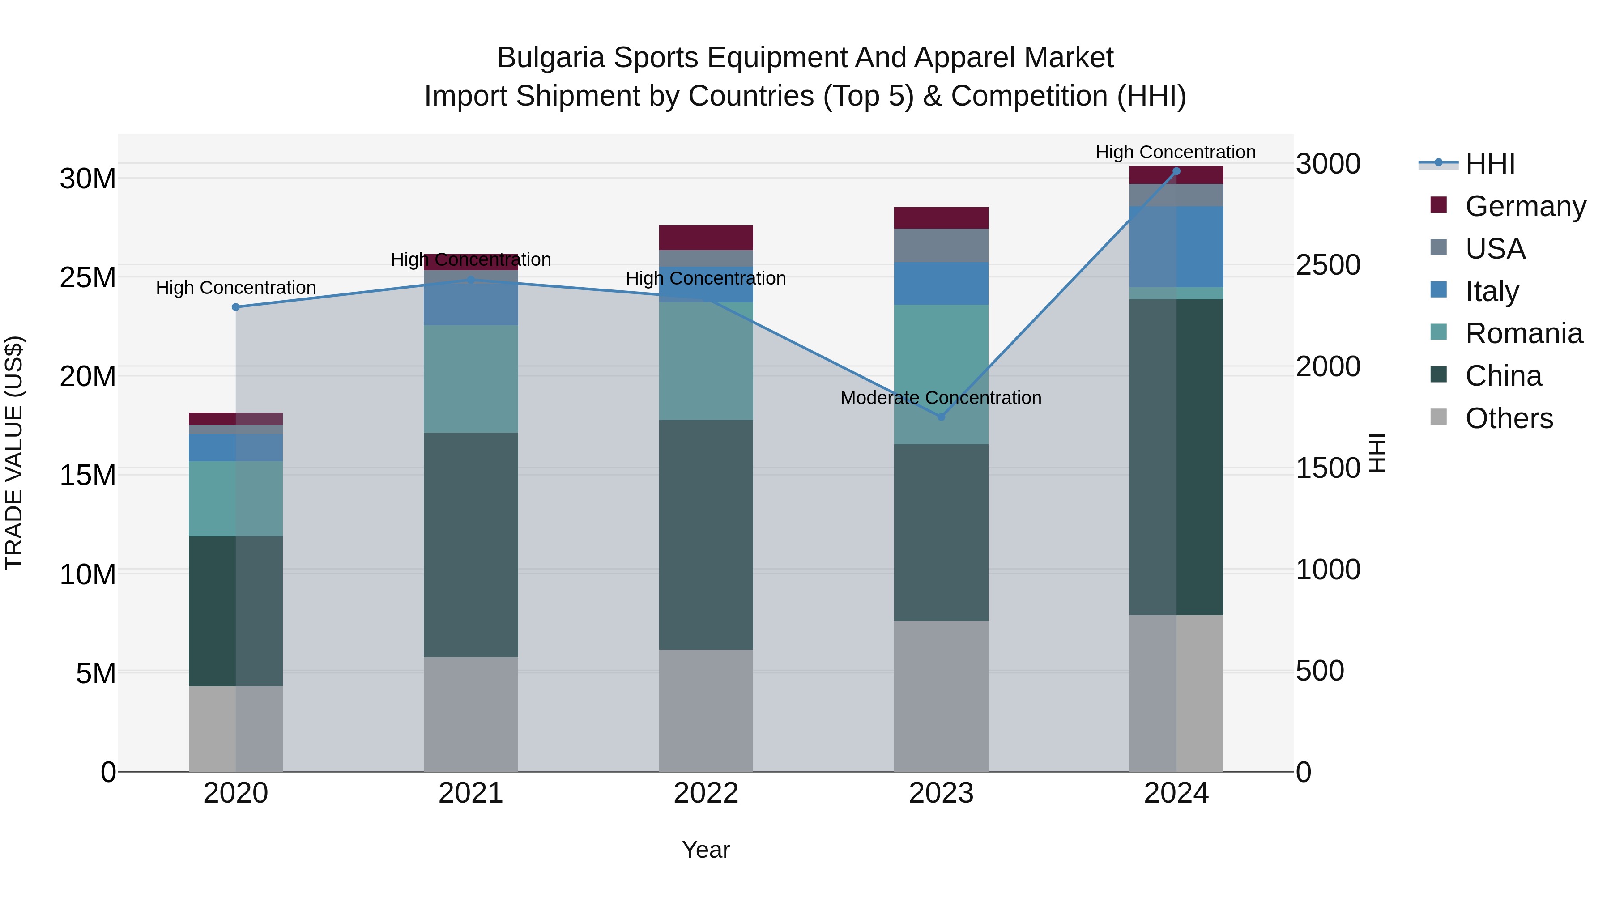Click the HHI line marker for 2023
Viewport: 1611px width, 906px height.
pos(941,417)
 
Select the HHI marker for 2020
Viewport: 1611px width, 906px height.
pos(236,307)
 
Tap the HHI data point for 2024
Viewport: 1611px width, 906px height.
pos(1176,171)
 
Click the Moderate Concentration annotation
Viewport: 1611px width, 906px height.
pos(941,398)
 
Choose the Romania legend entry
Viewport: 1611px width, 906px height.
pos(1523,333)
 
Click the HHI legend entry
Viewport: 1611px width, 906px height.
pos(1490,164)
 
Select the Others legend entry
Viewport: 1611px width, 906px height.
pos(1509,418)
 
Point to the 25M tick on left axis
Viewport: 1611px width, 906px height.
pos(88,277)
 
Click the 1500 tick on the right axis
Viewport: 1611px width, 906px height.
pos(1328,468)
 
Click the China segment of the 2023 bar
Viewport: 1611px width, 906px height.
pos(941,532)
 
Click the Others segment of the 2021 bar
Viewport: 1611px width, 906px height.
pos(470,714)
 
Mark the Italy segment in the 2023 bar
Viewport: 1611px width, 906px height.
pos(941,283)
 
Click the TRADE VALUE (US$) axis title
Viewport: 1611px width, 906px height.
pos(14,453)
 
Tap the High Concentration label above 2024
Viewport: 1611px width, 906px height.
pos(1175,152)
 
